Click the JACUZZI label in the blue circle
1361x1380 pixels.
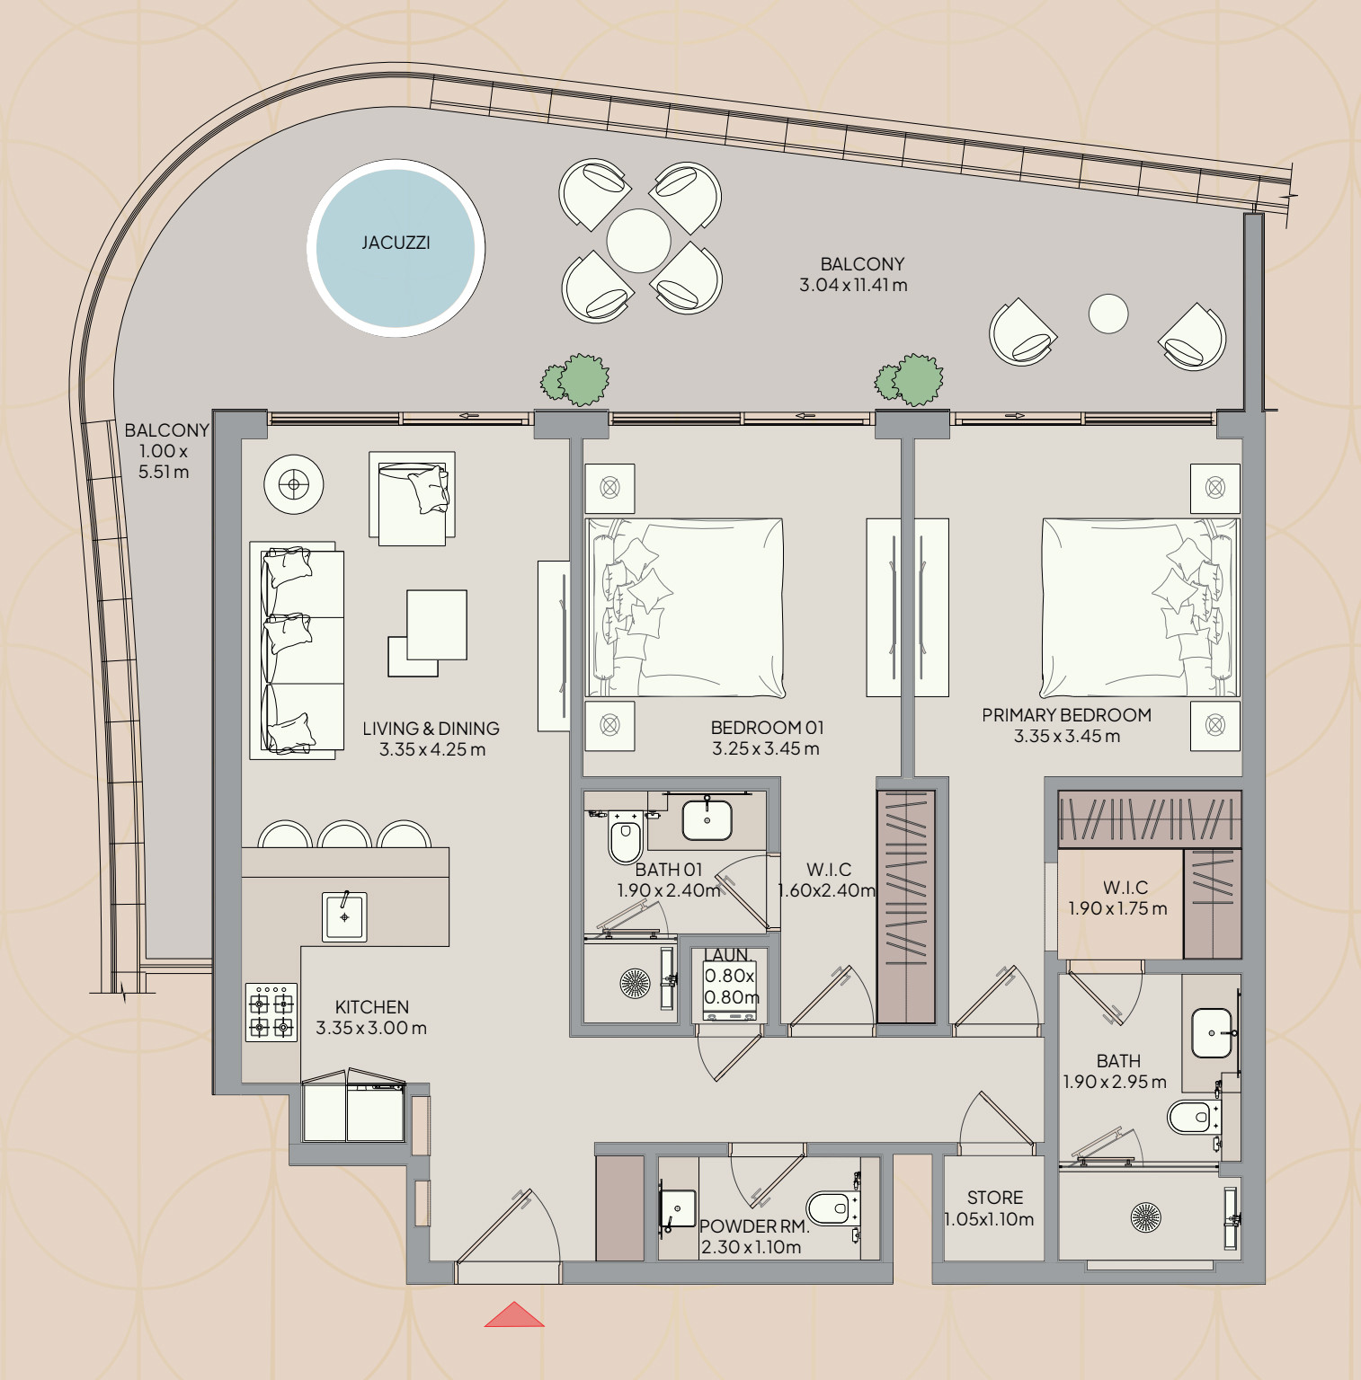tap(396, 243)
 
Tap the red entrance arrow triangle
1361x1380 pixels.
tap(514, 1314)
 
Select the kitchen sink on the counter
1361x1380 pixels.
tap(344, 916)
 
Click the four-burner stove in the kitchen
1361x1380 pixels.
tap(271, 1013)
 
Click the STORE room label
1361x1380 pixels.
tap(995, 1198)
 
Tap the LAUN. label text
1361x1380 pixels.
tap(726, 955)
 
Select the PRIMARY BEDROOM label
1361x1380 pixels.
tap(1066, 715)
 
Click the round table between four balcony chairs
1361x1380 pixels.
tap(638, 241)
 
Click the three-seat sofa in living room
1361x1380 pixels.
tap(297, 650)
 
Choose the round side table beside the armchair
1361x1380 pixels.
tap(293, 485)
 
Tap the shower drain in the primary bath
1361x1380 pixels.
tap(1145, 1218)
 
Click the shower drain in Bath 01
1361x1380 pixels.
tap(636, 984)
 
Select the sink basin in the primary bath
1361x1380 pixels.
tap(1212, 1033)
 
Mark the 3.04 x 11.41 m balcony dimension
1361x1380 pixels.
tap(853, 285)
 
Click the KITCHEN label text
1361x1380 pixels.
tap(372, 1007)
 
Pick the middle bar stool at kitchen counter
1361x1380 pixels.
tap(344, 835)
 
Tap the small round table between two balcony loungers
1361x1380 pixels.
tap(1108, 314)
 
